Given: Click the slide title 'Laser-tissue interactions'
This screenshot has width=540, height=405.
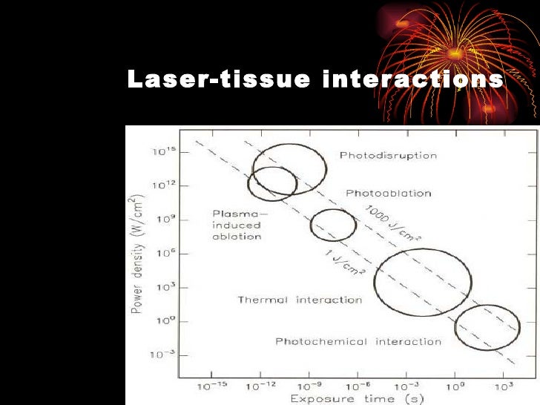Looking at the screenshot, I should point(315,80).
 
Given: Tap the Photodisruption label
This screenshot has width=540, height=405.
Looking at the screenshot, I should point(388,156).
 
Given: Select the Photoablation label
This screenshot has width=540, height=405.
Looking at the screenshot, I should point(388,193).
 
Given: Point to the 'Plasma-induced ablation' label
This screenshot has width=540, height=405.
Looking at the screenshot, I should point(237,225).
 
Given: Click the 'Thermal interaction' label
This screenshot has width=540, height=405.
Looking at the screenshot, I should point(300,300).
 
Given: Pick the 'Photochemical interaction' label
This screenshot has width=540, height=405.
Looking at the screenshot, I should point(358,341).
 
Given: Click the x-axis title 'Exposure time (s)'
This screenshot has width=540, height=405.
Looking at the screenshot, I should point(357,399).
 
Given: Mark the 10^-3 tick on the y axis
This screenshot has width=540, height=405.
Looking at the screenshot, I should point(162,355).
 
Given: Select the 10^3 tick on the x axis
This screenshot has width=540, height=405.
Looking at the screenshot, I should point(504,386).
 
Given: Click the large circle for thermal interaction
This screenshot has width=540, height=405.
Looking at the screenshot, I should point(423,282).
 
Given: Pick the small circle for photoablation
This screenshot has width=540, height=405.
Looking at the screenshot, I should point(333,225).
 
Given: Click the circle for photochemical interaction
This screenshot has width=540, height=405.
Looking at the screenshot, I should point(487,326).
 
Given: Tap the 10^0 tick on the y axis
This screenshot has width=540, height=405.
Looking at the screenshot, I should point(163,320).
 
